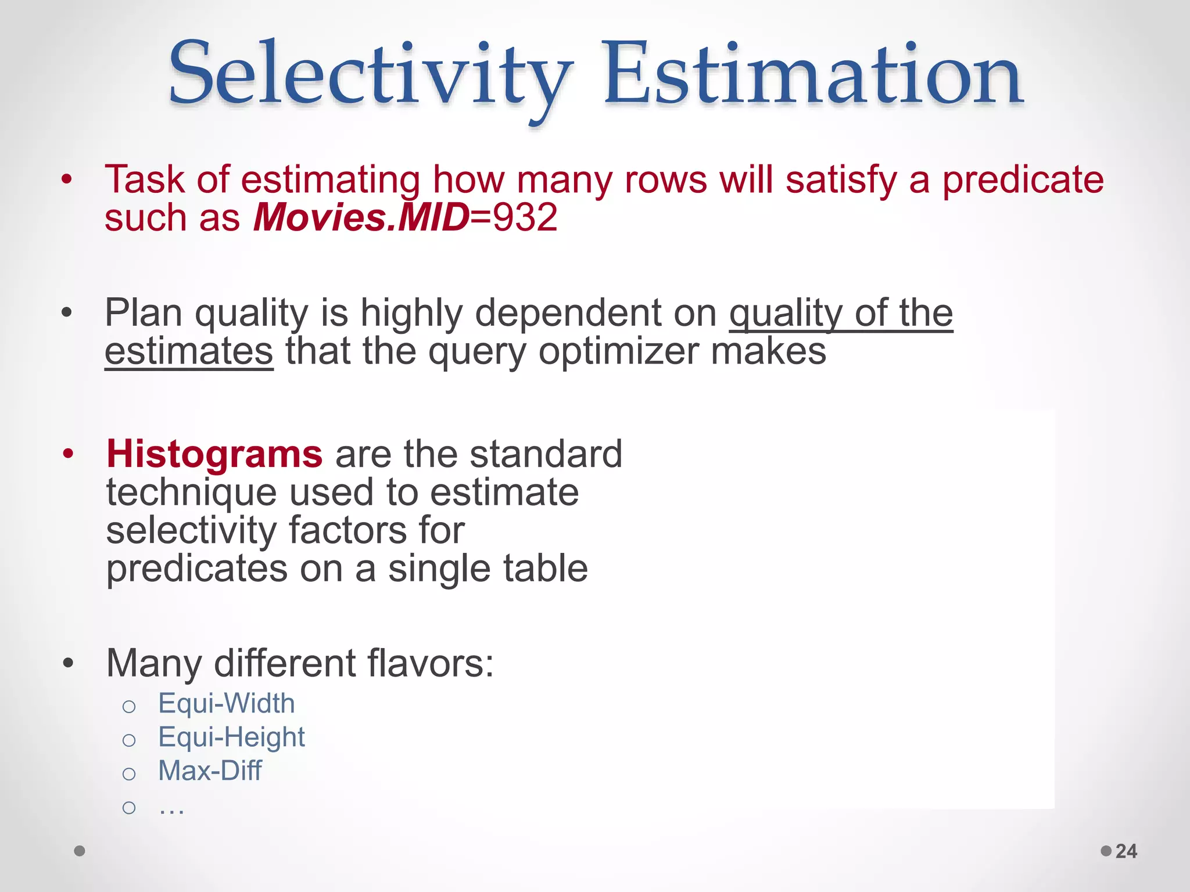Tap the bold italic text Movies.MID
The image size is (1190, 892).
[x=361, y=218]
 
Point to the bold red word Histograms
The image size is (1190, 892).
[x=214, y=454]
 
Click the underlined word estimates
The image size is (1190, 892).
[x=189, y=351]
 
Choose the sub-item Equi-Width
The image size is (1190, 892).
[x=227, y=704]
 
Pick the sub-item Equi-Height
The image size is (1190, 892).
[x=231, y=738]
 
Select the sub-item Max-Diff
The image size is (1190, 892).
[x=210, y=771]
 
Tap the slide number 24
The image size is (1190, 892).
[x=1126, y=851]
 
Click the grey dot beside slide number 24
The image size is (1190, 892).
[x=1106, y=851]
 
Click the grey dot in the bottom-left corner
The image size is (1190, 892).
[x=80, y=851]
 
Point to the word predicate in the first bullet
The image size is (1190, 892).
[x=1023, y=180]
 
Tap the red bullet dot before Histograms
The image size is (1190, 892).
[x=69, y=454]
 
